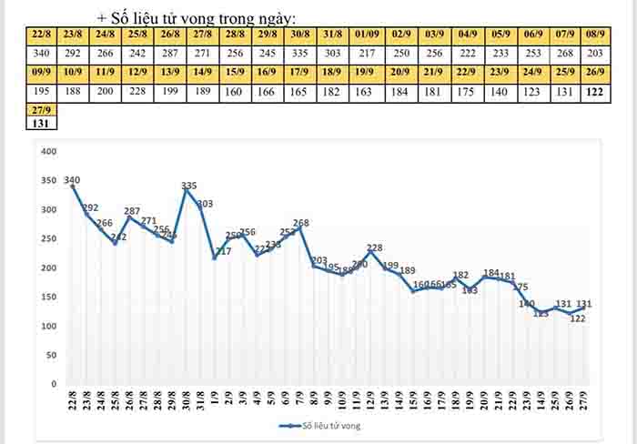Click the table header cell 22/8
(40, 35)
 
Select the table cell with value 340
(40, 53)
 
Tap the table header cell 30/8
(299, 35)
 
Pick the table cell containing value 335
(299, 53)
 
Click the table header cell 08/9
(598, 35)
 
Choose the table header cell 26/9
(598, 72)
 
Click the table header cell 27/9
(40, 108)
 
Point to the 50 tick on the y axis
(52, 355)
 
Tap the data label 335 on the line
(189, 186)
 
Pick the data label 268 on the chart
(301, 223)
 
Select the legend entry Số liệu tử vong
(323, 424)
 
